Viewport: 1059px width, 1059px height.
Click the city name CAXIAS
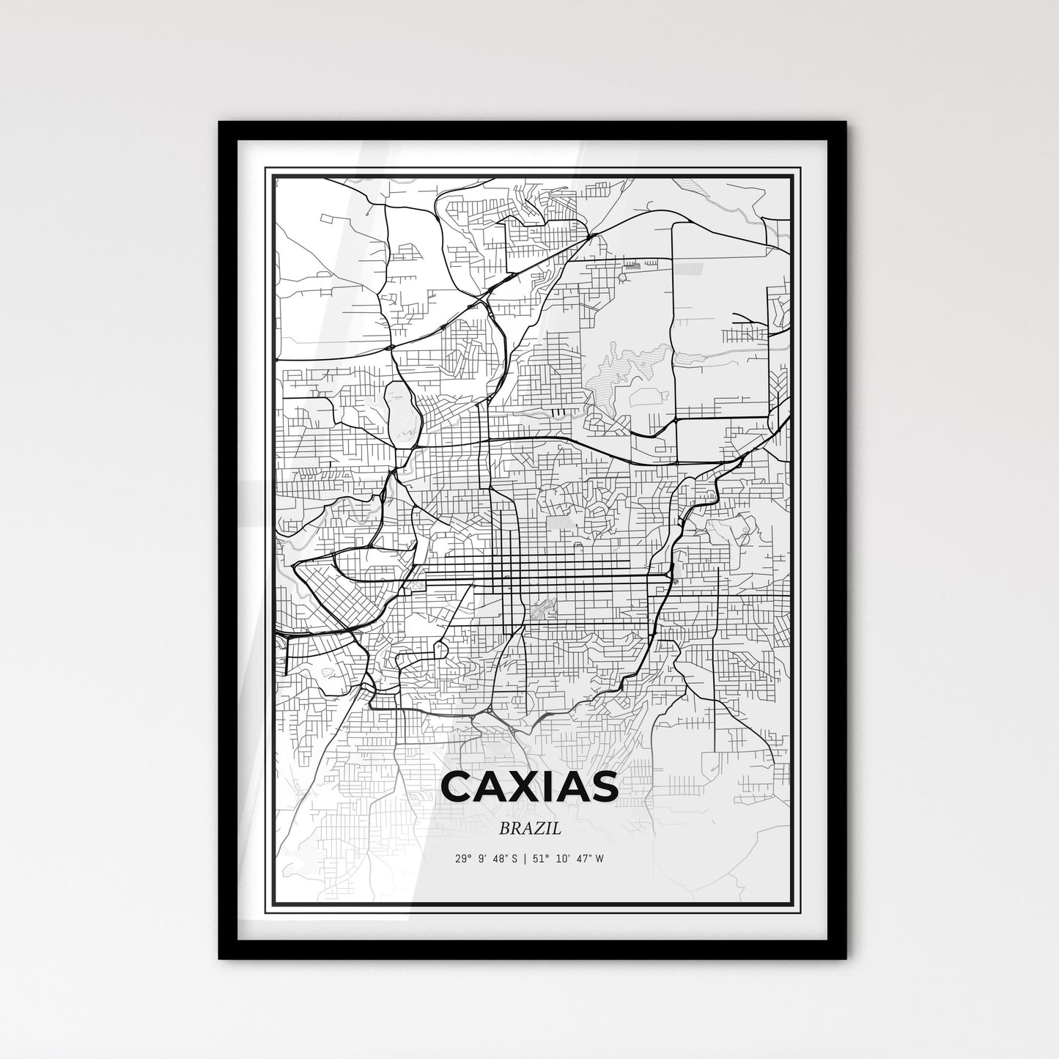pos(529,786)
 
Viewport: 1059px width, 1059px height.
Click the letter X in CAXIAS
pos(512,786)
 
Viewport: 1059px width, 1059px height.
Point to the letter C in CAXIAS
pos(457,786)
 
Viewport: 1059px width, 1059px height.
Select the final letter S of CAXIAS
pos(602,786)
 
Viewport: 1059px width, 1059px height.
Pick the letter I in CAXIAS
pos(539,786)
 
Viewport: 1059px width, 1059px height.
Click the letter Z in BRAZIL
pos(544,829)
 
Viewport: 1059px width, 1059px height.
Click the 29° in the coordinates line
pos(462,858)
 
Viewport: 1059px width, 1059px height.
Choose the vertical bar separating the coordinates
pos(520,858)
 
